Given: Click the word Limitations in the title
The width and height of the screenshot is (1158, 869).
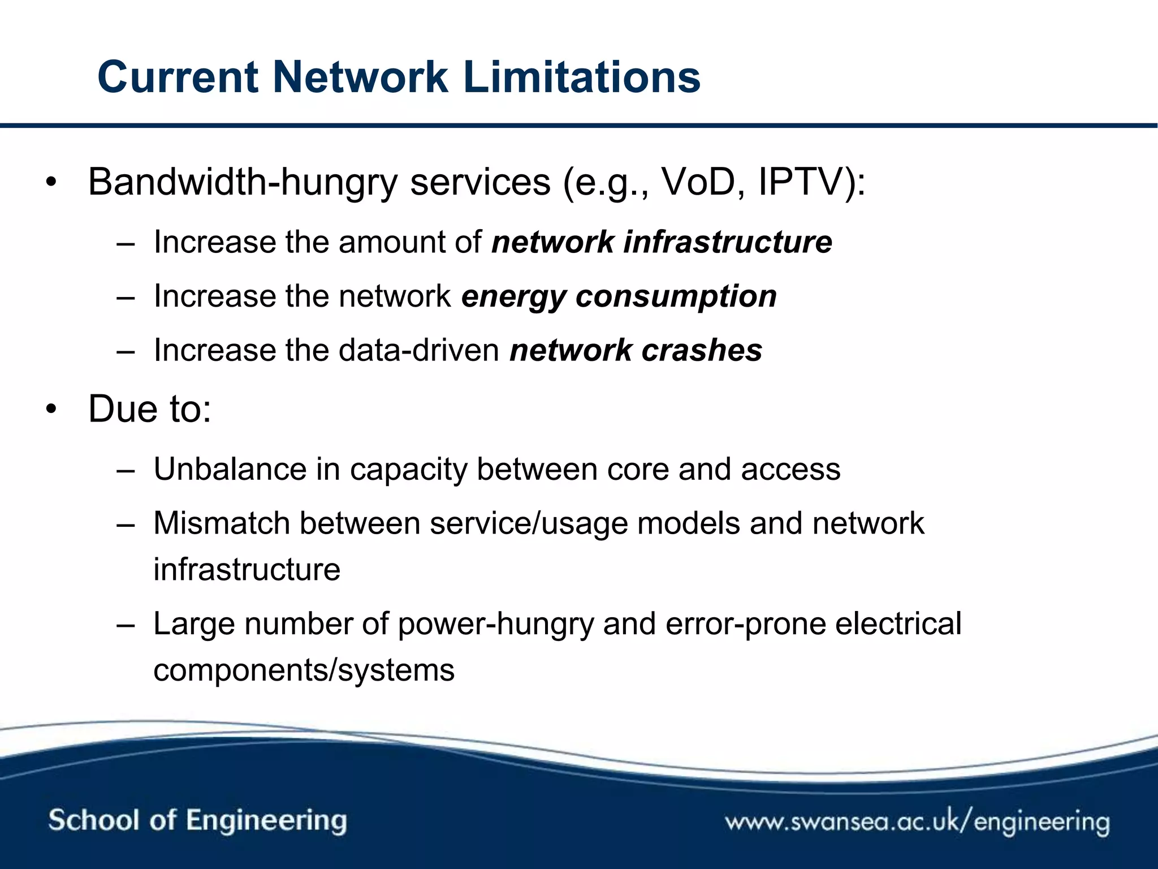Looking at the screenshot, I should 582,78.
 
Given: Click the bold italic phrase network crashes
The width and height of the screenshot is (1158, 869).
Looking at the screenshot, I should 636,350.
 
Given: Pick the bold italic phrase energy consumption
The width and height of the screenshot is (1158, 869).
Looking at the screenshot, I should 619,296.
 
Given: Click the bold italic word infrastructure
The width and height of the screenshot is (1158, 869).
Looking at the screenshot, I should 728,242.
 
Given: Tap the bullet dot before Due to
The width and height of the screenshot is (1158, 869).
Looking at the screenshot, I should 52,410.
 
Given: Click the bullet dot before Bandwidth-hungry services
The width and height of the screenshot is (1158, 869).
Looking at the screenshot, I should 52,183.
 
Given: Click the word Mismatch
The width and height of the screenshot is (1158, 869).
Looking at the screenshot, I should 221,523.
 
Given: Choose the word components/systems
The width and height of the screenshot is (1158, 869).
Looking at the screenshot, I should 304,670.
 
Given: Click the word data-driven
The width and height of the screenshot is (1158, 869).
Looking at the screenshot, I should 419,350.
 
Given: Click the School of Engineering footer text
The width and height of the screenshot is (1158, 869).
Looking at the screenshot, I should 197,820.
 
